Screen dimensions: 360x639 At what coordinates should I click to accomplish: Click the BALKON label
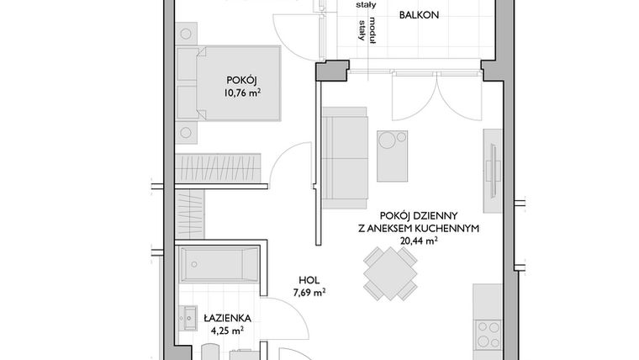[x=419, y=15]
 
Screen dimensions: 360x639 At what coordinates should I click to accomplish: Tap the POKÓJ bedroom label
[x=240, y=81]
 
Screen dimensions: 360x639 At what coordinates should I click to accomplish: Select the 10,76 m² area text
[x=240, y=93]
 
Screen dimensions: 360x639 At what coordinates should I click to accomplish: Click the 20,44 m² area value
[x=417, y=241]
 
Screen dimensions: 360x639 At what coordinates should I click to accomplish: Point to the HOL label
[x=310, y=281]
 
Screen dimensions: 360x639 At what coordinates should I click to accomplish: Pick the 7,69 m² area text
[x=310, y=294]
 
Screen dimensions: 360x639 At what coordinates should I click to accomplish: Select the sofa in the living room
[x=345, y=157]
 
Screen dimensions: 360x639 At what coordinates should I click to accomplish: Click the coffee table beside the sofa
[x=392, y=156]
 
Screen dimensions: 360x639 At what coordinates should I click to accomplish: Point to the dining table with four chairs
[x=389, y=276]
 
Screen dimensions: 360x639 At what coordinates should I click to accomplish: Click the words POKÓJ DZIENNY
[x=417, y=215]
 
